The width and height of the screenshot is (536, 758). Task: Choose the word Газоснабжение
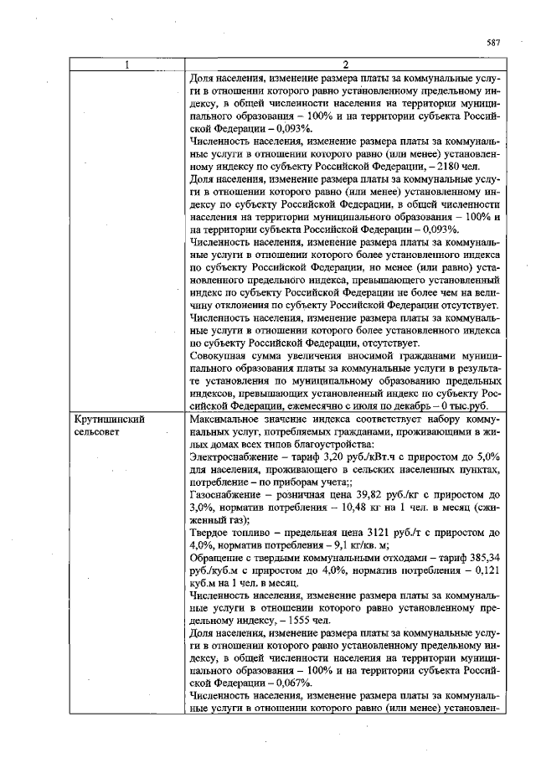click(x=229, y=496)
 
